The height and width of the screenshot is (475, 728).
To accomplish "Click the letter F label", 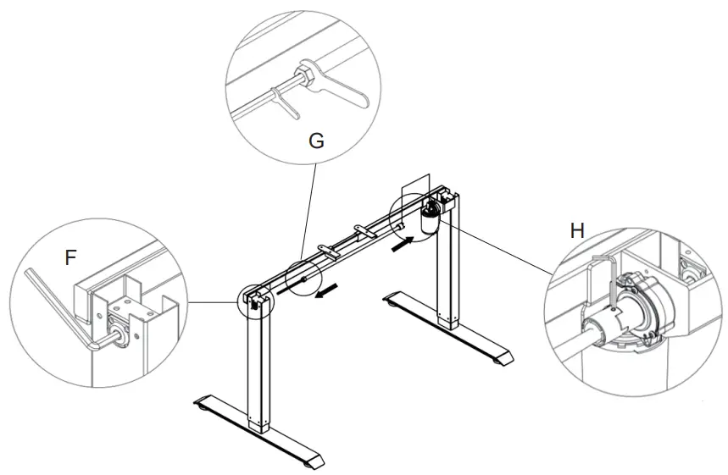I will pyautogui.click(x=71, y=258).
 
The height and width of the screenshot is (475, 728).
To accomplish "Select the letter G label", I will pyautogui.click(x=315, y=141).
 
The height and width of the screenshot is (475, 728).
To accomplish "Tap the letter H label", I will pyautogui.click(x=577, y=230).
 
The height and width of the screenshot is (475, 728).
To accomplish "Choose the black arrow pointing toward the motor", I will pyautogui.click(x=403, y=245).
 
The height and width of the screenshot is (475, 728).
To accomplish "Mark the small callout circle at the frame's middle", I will pyautogui.click(x=303, y=277).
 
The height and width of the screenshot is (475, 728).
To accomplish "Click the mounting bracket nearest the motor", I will pyautogui.click(x=363, y=229).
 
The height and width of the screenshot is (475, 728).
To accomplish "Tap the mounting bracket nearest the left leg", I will pyautogui.click(x=327, y=247).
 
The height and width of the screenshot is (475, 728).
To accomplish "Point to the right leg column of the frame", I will pyautogui.click(x=445, y=279).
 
